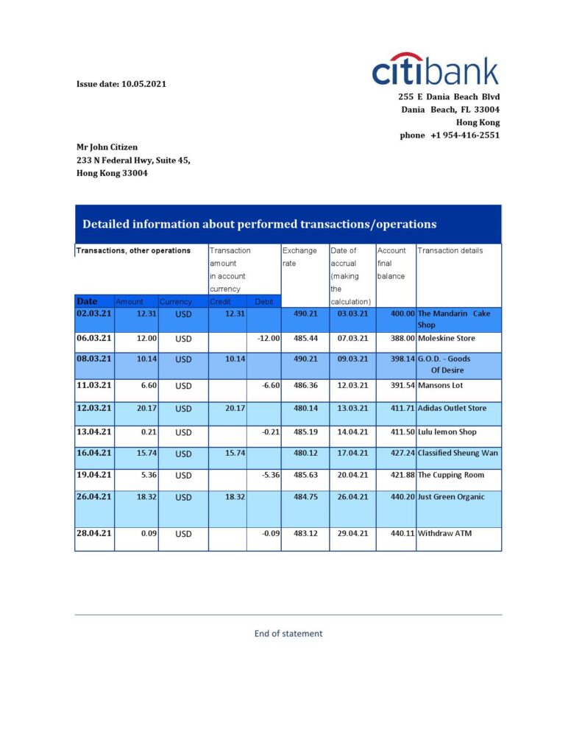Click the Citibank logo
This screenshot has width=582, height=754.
(x=436, y=70)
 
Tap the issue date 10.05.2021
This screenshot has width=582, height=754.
(x=121, y=84)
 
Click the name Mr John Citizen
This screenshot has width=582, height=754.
(x=107, y=147)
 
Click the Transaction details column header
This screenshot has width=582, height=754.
(x=450, y=250)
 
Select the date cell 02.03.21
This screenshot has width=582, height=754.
(x=94, y=314)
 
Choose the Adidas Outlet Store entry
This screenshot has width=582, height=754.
(x=452, y=408)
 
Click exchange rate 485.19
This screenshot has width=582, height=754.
(x=305, y=431)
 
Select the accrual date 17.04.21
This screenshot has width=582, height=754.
(x=352, y=453)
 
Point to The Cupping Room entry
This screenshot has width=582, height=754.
(x=450, y=475)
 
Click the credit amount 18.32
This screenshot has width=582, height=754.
(x=235, y=497)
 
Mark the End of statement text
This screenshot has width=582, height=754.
(x=288, y=633)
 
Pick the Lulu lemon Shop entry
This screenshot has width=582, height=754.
(x=447, y=431)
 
